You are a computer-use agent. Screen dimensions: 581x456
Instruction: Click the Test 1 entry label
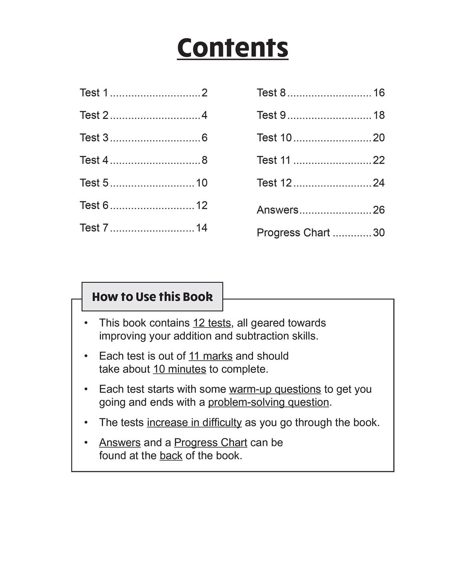click(x=94, y=93)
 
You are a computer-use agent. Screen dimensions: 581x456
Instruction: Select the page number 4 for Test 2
click(x=204, y=115)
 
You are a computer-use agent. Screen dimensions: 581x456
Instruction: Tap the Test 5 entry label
click(x=94, y=183)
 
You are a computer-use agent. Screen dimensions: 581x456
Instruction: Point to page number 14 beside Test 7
click(x=201, y=228)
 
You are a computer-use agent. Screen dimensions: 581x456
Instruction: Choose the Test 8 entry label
click(x=271, y=93)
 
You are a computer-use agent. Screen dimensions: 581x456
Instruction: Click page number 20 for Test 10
click(x=379, y=138)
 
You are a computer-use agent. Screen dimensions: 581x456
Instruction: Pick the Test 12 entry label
click(x=274, y=183)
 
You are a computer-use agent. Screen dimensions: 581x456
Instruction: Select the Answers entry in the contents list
click(x=278, y=210)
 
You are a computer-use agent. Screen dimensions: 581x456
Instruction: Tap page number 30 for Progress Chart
click(x=379, y=233)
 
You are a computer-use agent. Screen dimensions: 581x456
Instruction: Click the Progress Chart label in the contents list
click(x=293, y=233)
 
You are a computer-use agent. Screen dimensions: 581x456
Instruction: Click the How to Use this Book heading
click(x=152, y=297)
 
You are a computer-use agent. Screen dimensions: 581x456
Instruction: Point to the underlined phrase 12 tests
click(x=212, y=323)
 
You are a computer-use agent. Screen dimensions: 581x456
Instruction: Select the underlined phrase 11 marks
click(x=210, y=356)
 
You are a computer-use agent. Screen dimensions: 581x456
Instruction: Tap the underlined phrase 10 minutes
click(x=180, y=369)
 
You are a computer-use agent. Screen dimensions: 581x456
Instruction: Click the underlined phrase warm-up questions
click(x=275, y=389)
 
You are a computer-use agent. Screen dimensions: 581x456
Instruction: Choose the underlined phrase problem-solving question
click(x=268, y=402)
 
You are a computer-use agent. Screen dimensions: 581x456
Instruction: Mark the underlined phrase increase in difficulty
click(x=194, y=423)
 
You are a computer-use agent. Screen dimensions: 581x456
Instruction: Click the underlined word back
click(x=171, y=456)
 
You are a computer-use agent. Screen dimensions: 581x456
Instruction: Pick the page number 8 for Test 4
click(x=204, y=161)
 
